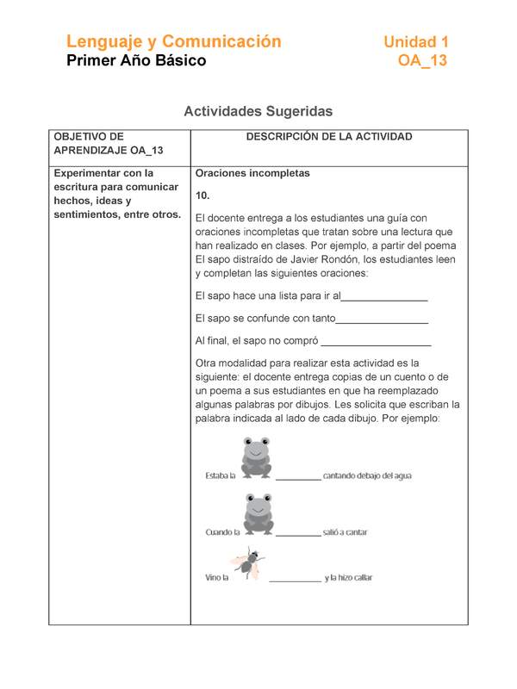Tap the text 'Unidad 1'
pyautogui.click(x=415, y=41)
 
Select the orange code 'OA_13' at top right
pyautogui.click(x=422, y=61)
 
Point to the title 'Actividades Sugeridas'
pyautogui.click(x=258, y=111)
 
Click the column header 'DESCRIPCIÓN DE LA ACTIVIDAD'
pyautogui.click(x=328, y=137)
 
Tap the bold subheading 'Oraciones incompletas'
pyautogui.click(x=252, y=173)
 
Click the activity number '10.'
pyautogui.click(x=203, y=196)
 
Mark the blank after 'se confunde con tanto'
pyautogui.click(x=382, y=320)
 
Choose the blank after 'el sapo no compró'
pyautogui.click(x=376, y=342)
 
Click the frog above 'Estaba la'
pyautogui.click(x=256, y=456)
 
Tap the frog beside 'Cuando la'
pyautogui.click(x=258, y=514)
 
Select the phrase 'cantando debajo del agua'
pyautogui.click(x=367, y=475)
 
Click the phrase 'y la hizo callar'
pyautogui.click(x=349, y=578)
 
